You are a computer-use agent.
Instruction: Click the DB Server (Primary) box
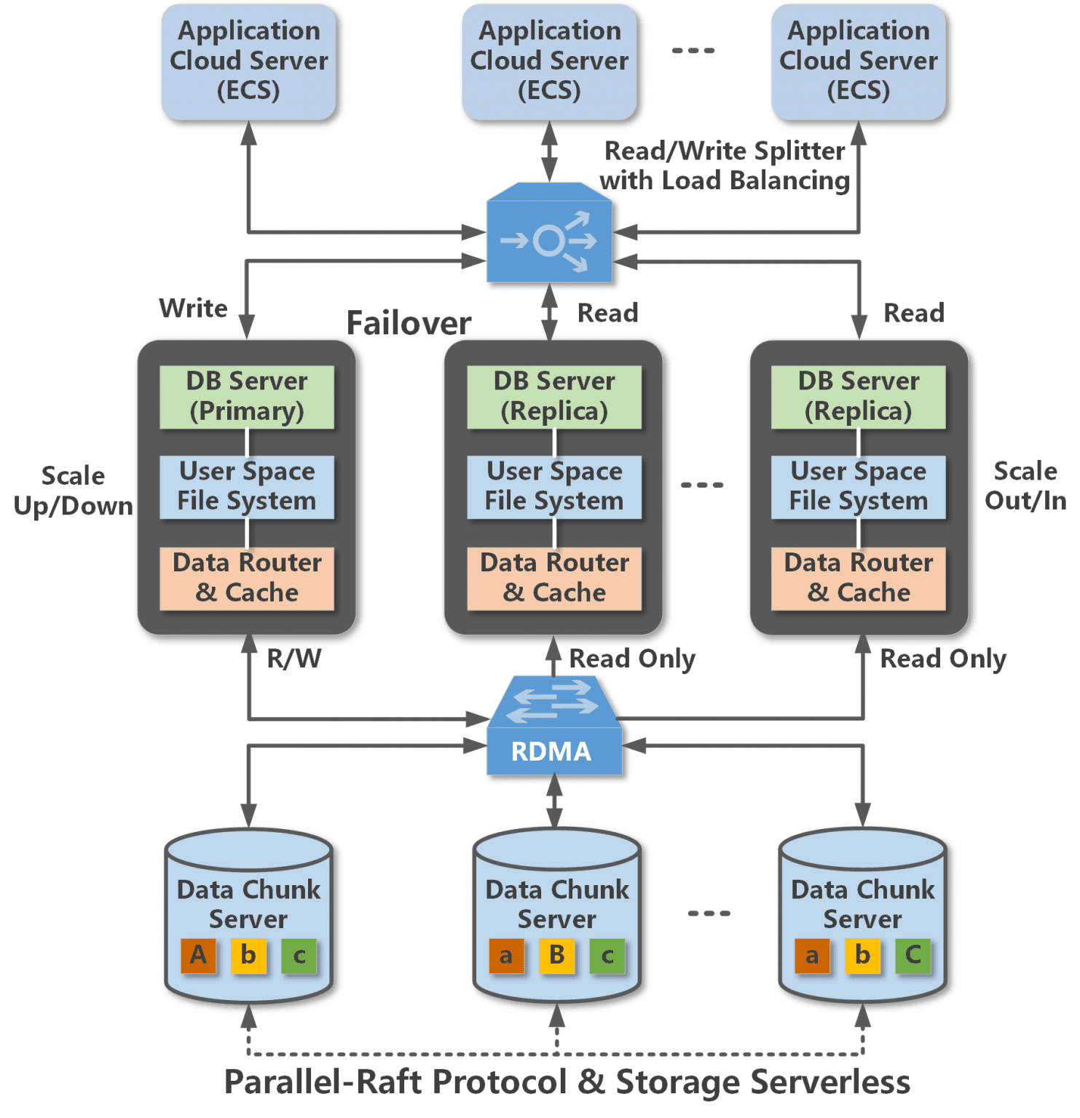pyautogui.click(x=247, y=397)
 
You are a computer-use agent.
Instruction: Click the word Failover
pyautogui.click(x=409, y=323)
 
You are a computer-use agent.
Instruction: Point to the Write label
pyautogui.click(x=193, y=308)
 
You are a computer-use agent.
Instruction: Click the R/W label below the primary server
pyautogui.click(x=293, y=659)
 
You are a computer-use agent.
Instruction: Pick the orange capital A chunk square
pyautogui.click(x=198, y=955)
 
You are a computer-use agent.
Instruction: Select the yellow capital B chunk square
pyautogui.click(x=557, y=955)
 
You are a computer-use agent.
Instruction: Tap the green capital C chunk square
pyautogui.click(x=913, y=955)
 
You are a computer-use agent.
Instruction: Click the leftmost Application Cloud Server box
pyautogui.click(x=248, y=61)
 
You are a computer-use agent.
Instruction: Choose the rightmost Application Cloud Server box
pyautogui.click(x=858, y=61)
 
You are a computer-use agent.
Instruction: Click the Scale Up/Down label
pyautogui.click(x=73, y=491)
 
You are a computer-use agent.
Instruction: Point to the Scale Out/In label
pyautogui.click(x=1025, y=485)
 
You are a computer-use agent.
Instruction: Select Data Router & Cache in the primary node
pyautogui.click(x=247, y=578)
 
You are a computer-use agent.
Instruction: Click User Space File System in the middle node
pyautogui.click(x=554, y=486)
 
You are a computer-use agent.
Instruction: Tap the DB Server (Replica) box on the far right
pyautogui.click(x=858, y=397)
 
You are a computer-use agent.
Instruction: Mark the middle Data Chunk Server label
pyautogui.click(x=557, y=904)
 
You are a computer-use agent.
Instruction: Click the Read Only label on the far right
pyautogui.click(x=943, y=659)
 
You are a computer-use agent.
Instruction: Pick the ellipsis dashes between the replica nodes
pyautogui.click(x=702, y=485)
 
